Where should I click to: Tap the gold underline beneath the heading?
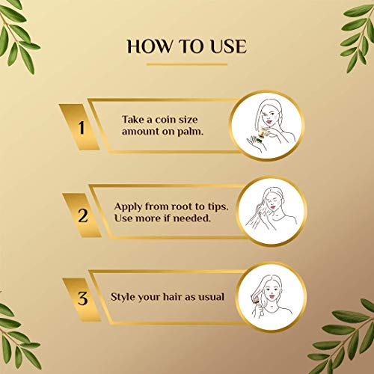[187, 65]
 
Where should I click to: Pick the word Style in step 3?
[124, 296]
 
